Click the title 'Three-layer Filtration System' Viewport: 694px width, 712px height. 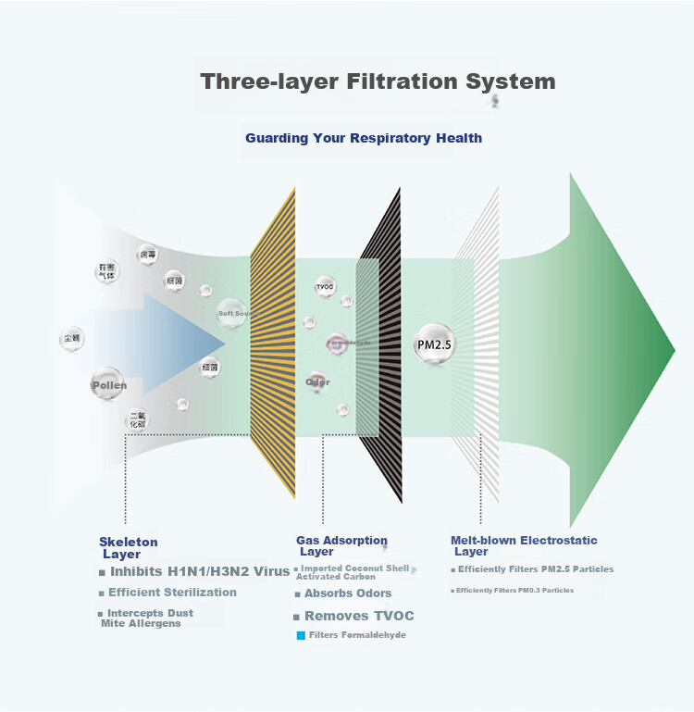tap(378, 81)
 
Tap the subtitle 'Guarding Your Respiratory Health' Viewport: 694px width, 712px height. tap(364, 138)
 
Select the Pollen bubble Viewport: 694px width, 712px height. tap(108, 384)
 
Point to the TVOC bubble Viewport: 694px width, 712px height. tap(325, 287)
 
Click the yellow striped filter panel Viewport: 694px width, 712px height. tap(273, 343)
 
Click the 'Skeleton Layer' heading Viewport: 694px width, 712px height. tap(128, 548)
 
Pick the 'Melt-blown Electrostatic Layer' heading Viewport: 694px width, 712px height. tap(524, 545)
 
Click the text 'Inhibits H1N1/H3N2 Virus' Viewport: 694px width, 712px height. tap(199, 571)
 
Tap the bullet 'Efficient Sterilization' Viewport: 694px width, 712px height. tap(172, 593)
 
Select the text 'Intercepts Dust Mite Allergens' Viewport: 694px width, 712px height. tap(148, 618)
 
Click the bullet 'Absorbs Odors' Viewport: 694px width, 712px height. tap(348, 593)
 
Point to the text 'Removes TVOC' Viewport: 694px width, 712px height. tap(359, 616)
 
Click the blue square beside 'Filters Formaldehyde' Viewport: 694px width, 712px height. tap(300, 635)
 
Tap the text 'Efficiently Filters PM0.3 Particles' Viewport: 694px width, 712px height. tap(514, 591)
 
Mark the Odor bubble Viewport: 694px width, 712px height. tap(317, 381)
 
